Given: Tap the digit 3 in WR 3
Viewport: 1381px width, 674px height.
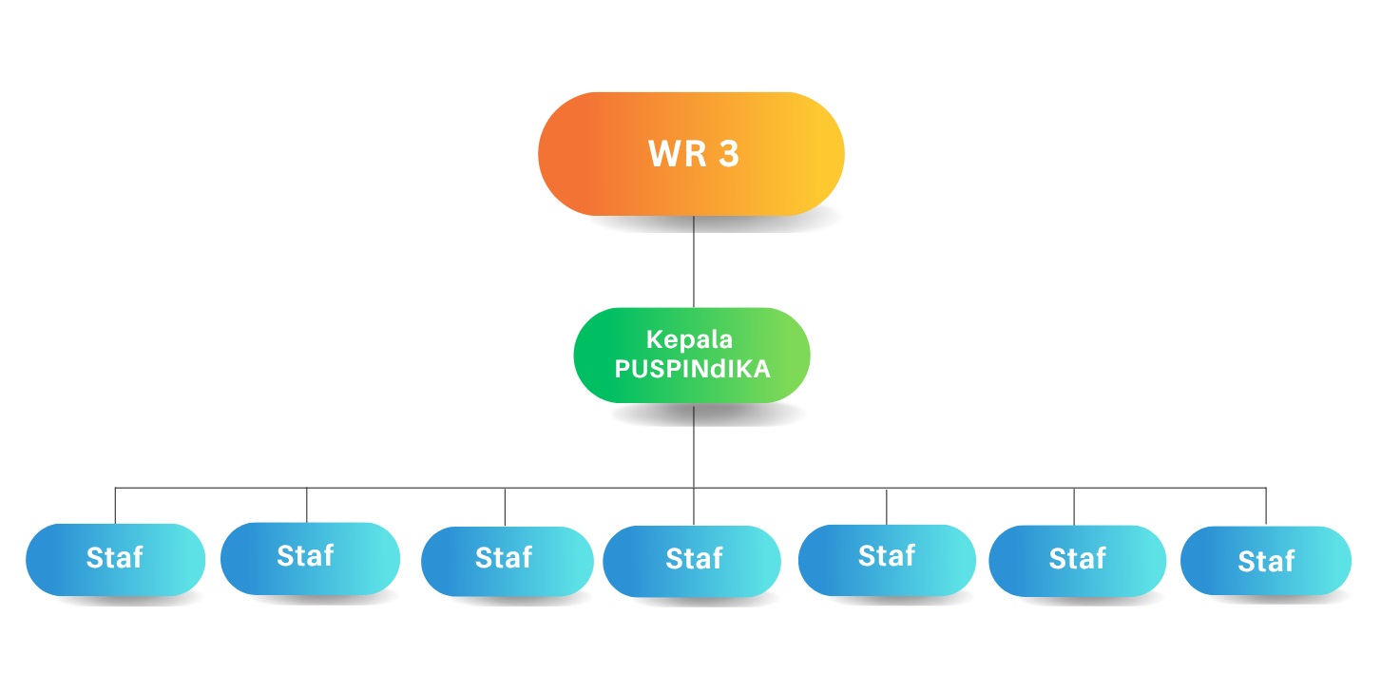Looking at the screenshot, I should point(729,155).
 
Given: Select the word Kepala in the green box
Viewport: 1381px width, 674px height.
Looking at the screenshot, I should point(691,340).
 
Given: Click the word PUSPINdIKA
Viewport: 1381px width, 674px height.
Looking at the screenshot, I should point(692,370).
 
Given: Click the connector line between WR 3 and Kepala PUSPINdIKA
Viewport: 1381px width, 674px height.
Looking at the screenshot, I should point(694,261).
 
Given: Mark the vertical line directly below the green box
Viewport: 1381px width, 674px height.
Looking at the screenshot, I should point(694,447).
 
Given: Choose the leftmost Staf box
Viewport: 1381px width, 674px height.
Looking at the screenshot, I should point(115,558).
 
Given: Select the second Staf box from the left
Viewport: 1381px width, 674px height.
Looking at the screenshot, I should point(307,556).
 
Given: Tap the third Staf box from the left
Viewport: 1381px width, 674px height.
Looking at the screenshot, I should point(505,558).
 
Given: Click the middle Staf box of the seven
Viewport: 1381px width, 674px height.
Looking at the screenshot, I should point(693,560).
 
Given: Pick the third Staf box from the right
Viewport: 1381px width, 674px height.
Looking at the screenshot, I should point(886,557).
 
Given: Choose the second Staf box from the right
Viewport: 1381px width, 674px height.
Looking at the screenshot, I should point(1076,560).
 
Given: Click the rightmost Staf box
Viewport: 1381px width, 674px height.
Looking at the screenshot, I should point(1265,562).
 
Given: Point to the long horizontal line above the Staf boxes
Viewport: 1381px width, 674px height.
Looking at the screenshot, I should point(409,489).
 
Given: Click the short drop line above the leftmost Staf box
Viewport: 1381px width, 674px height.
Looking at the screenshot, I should point(115,506).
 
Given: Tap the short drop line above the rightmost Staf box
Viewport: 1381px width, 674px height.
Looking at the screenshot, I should point(1266,507).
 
